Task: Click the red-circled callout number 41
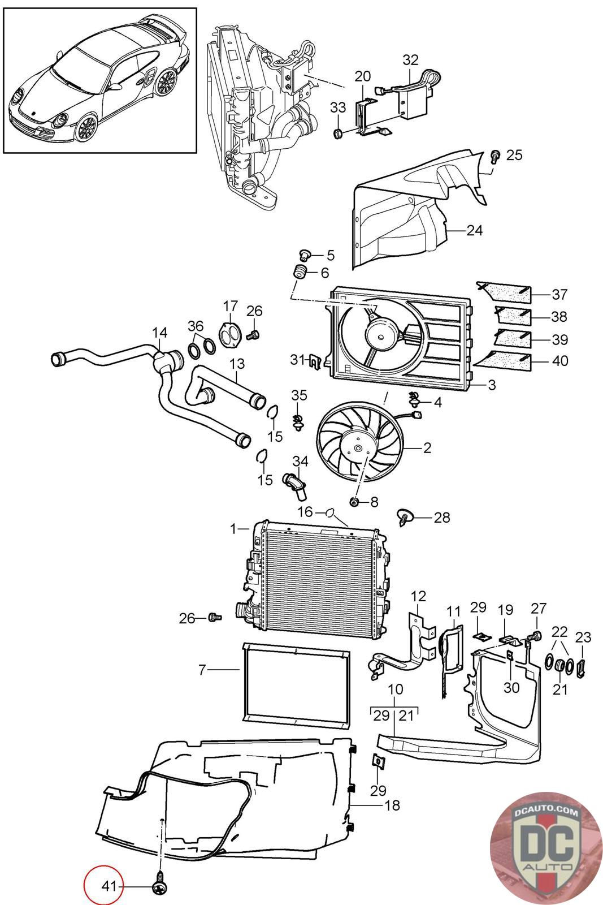click(109, 886)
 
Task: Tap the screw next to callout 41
click(160, 887)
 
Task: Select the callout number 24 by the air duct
click(474, 230)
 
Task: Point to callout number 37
click(559, 294)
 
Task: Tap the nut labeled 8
click(354, 502)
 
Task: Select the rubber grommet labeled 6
click(300, 272)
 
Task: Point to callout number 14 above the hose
click(160, 333)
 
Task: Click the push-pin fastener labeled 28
click(405, 517)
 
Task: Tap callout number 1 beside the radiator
click(233, 528)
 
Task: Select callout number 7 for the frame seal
click(202, 670)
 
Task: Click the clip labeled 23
click(582, 668)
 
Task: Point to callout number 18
click(392, 805)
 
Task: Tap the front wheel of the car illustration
click(86, 128)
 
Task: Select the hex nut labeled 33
click(338, 132)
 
